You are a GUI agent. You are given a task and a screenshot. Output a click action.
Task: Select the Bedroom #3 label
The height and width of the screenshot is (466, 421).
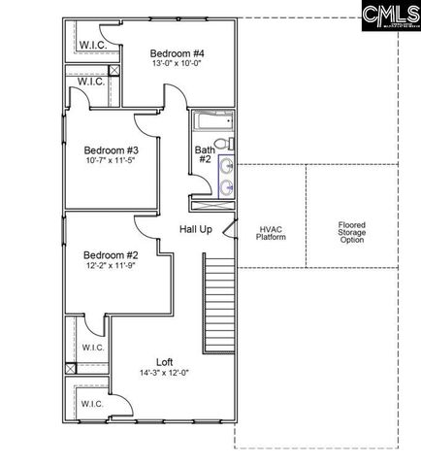tap(111, 150)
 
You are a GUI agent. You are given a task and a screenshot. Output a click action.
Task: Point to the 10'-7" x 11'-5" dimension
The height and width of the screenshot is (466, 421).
tap(111, 162)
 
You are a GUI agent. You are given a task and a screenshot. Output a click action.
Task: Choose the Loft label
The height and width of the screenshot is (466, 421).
tap(164, 362)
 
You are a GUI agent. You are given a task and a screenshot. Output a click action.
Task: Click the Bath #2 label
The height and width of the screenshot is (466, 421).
tap(205, 155)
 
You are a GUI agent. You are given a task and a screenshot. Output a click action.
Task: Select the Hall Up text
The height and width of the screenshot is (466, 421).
tap(196, 228)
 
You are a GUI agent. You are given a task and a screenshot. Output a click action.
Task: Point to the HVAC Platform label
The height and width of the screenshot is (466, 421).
tap(270, 232)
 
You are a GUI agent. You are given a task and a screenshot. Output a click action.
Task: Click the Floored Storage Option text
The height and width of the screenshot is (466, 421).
tap(351, 233)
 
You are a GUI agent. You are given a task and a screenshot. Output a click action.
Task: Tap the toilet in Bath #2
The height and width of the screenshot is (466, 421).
tap(223, 144)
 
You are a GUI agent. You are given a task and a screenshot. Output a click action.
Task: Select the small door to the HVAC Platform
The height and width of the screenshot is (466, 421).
tap(229, 228)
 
